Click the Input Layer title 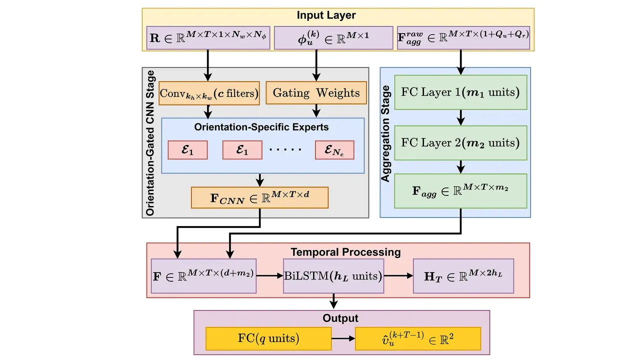(326, 15)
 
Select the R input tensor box (208, 38)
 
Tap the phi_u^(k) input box (333, 38)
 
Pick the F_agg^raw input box (463, 38)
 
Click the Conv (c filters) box (209, 93)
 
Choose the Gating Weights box (316, 93)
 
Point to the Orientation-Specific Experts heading (261, 127)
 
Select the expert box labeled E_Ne (334, 150)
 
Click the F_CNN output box (259, 197)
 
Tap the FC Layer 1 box (460, 92)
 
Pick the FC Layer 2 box (460, 142)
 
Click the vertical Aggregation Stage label (386, 133)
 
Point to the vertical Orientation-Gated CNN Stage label (150, 143)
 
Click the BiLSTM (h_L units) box (333, 275)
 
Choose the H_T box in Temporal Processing (463, 275)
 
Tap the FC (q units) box (268, 338)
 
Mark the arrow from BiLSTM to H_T (398, 275)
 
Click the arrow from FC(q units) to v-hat (343, 338)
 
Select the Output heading (340, 318)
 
